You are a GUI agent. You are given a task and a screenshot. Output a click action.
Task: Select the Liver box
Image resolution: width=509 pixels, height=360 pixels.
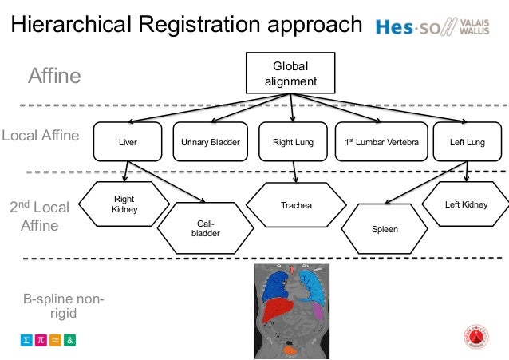(x=128, y=143)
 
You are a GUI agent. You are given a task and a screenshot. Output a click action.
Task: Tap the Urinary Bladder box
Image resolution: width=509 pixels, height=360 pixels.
(x=211, y=143)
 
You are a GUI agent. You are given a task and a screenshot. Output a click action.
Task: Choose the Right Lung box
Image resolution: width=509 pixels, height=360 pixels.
(x=293, y=143)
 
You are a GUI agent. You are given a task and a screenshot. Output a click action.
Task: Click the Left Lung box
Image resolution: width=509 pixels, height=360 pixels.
(x=467, y=143)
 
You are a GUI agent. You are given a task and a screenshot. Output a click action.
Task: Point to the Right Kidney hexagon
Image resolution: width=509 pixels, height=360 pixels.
(x=124, y=204)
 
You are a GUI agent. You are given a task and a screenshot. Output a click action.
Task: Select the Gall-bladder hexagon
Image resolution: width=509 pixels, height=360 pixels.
(x=200, y=229)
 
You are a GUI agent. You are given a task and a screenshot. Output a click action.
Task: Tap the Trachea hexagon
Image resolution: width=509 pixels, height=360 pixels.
(x=296, y=206)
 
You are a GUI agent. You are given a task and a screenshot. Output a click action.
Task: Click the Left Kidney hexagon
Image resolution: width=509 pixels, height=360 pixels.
(x=466, y=205)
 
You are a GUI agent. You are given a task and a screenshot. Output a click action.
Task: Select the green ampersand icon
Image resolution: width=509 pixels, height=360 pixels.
(x=70, y=339)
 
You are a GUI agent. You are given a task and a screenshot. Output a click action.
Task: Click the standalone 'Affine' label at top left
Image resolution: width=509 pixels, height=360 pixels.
(x=54, y=77)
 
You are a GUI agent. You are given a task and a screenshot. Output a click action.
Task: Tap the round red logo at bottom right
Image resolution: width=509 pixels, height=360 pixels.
(x=475, y=338)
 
